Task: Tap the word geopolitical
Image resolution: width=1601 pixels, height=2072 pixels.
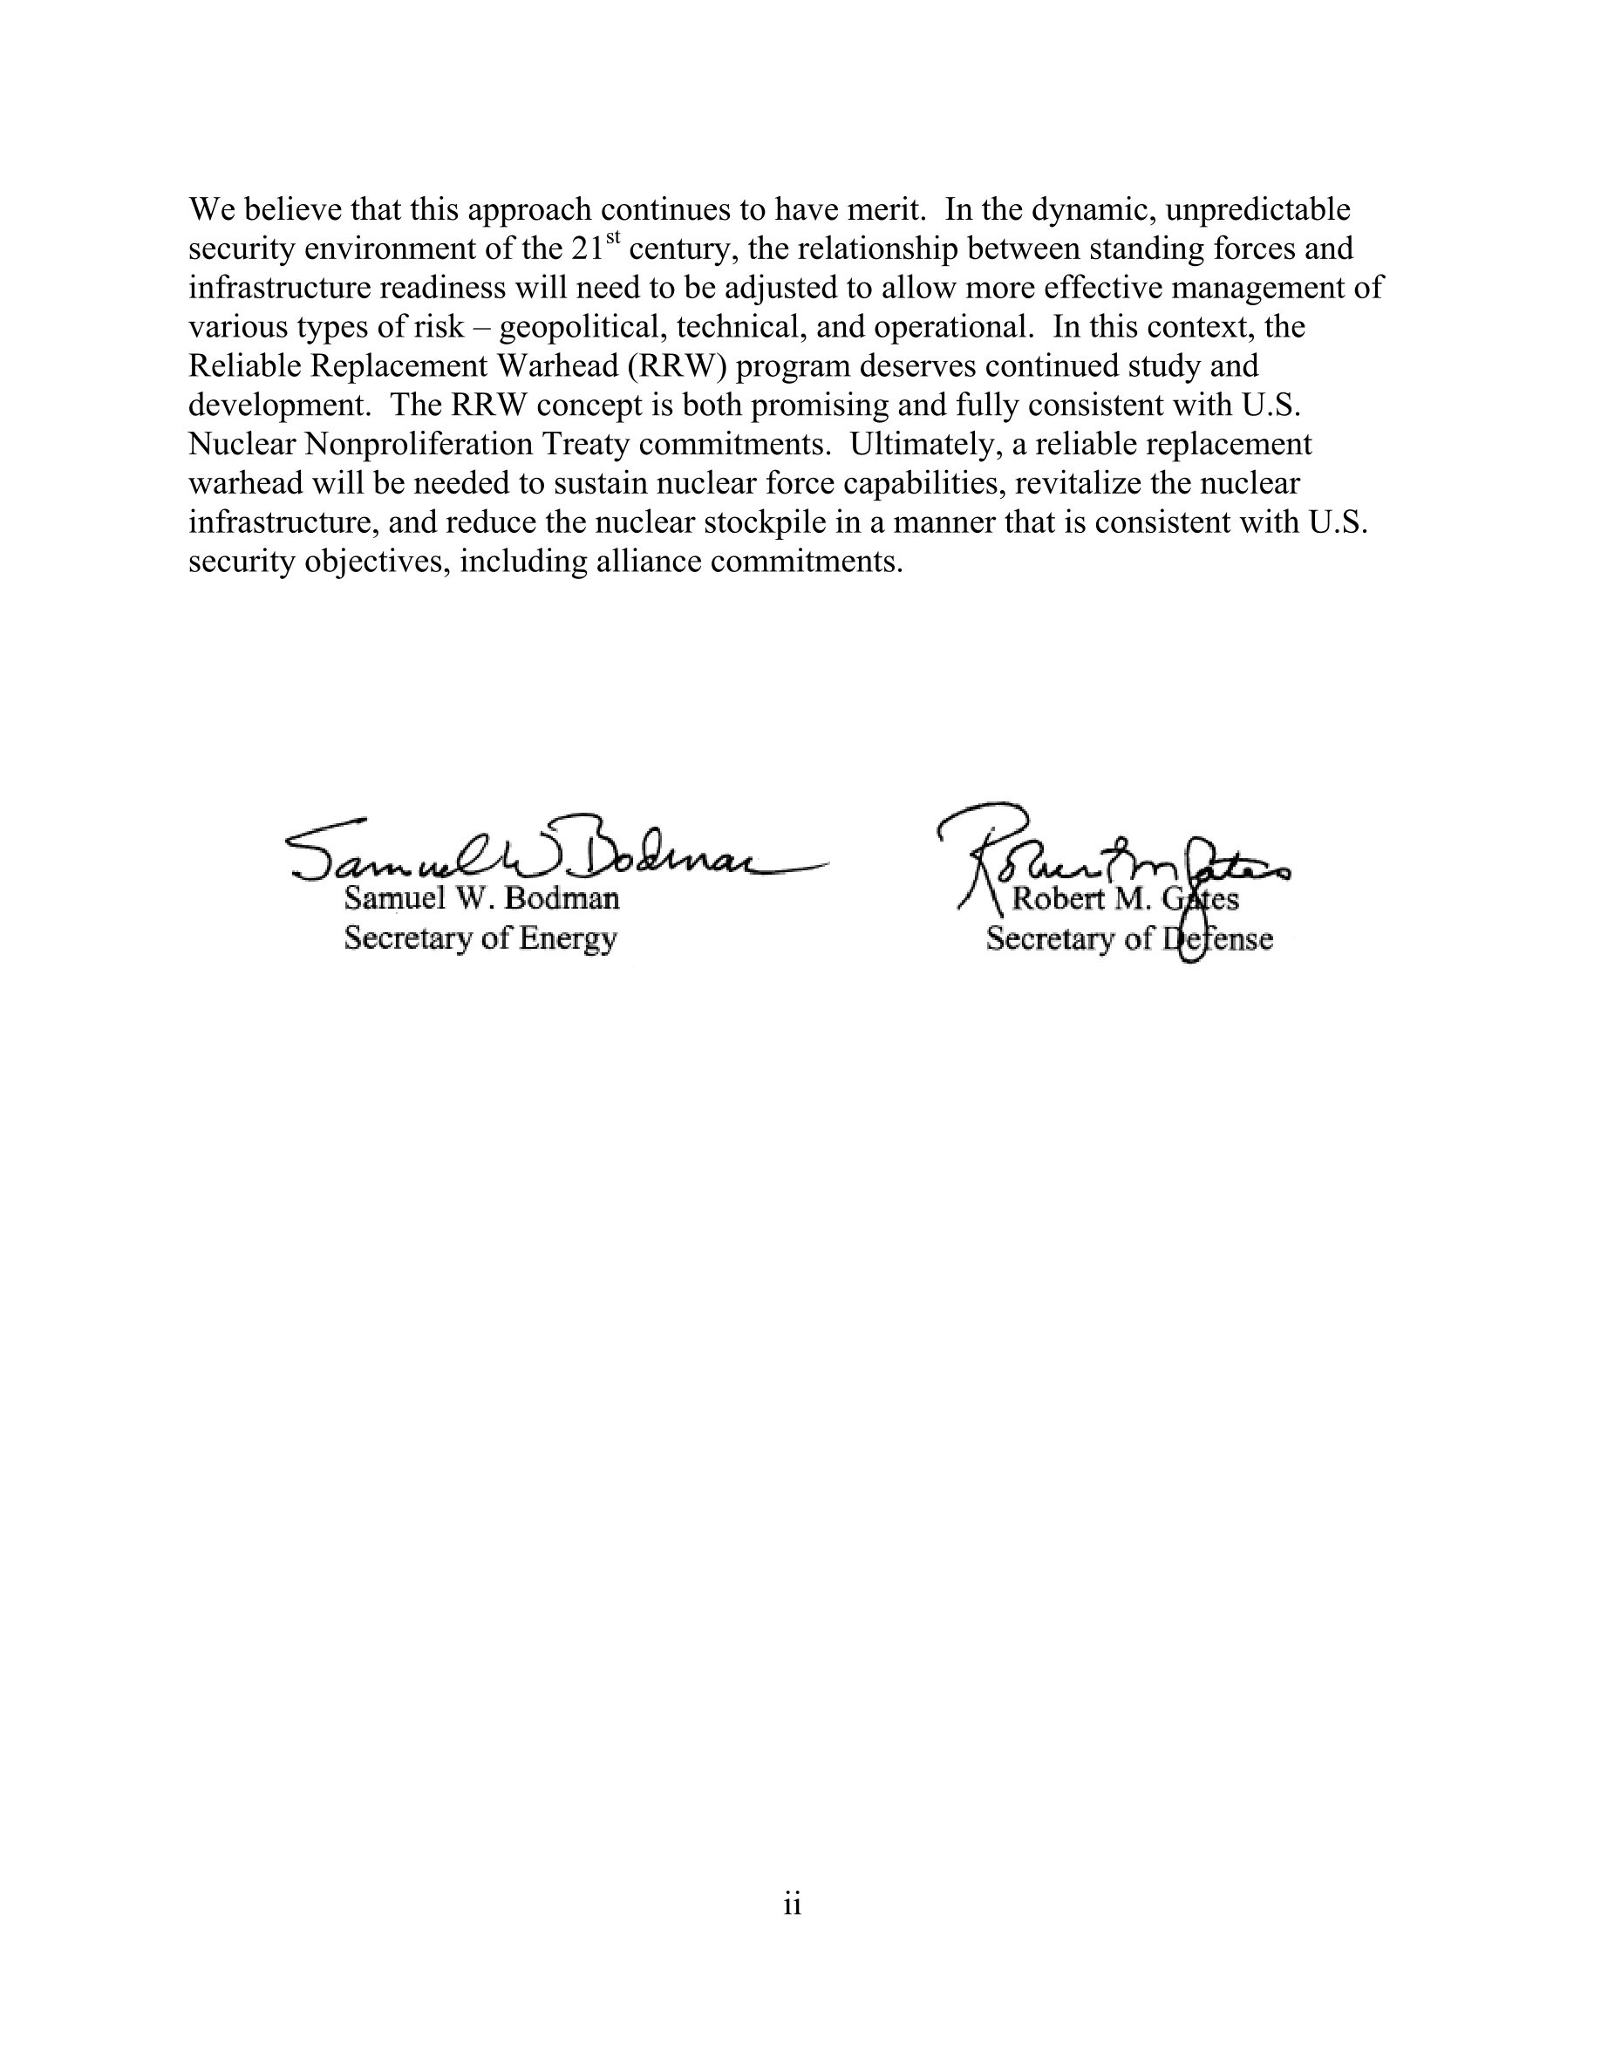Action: point(582,327)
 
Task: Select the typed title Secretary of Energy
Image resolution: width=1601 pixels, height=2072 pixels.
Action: point(480,938)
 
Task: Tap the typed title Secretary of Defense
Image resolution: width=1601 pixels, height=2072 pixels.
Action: point(1128,939)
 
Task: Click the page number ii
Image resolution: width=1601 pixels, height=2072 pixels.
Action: point(793,1904)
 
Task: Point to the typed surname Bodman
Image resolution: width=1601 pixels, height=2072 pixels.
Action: point(562,898)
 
